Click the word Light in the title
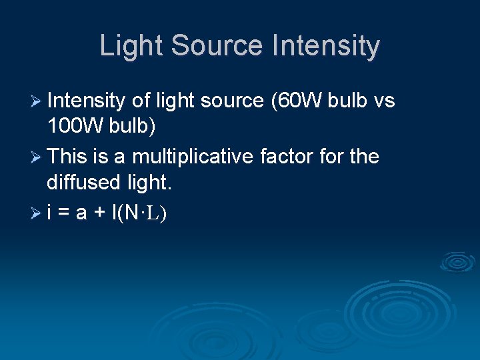click(131, 46)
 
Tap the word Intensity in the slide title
click(326, 46)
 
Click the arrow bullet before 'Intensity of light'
click(37, 101)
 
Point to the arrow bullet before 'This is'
click(37, 157)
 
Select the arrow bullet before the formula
click(37, 213)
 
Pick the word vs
click(385, 101)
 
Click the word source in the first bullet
click(232, 101)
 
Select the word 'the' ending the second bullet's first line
click(365, 157)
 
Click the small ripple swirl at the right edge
click(457, 261)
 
